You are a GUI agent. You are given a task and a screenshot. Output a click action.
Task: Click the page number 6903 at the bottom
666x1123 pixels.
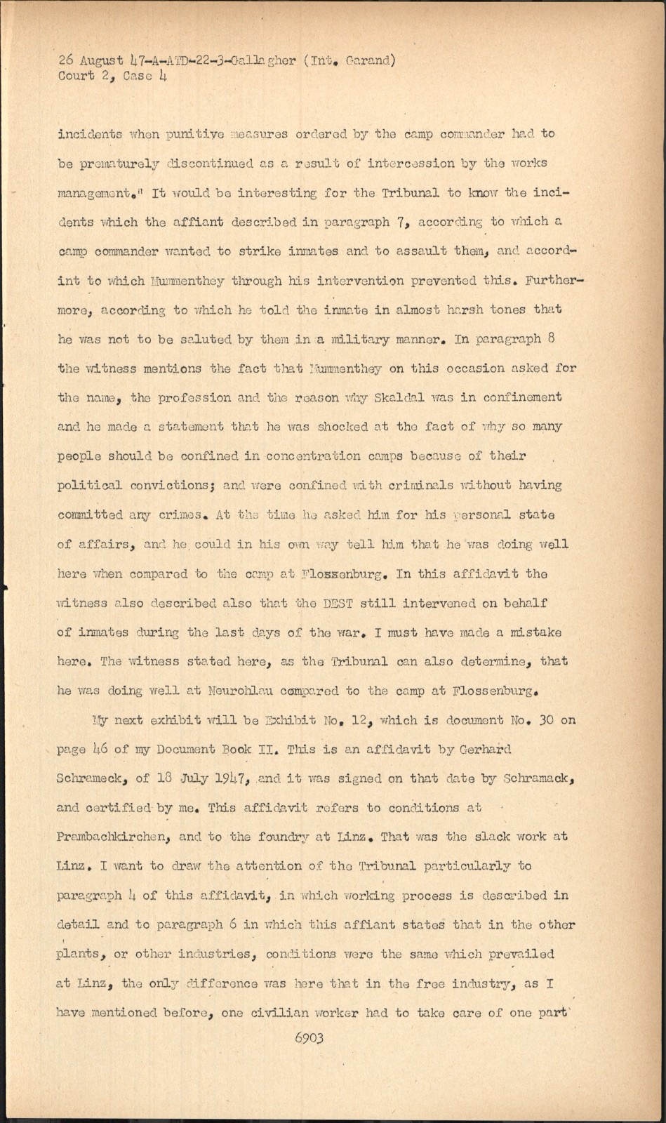click(309, 1038)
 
